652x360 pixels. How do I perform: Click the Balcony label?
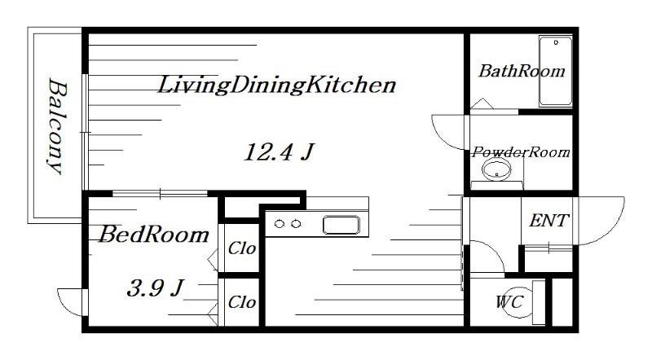click(56, 126)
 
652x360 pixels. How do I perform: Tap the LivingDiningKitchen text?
click(276, 85)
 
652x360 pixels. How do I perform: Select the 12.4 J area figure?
click(279, 151)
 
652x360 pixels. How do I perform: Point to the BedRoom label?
click(154, 235)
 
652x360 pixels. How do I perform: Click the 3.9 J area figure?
click(156, 288)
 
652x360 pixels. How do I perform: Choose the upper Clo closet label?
click(241, 248)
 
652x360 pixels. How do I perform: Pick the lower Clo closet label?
click(241, 302)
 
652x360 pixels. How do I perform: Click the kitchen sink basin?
click(341, 225)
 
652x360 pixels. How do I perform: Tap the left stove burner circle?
click(280, 224)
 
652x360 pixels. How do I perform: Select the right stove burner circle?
click(296, 224)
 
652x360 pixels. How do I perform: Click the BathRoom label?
click(522, 71)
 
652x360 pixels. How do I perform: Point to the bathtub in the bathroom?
click(556, 71)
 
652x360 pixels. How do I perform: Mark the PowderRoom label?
click(521, 152)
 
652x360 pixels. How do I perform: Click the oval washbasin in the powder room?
click(496, 169)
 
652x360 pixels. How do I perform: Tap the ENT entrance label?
click(548, 221)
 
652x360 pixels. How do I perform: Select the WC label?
click(509, 302)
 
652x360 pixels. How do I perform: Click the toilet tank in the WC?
click(539, 302)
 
